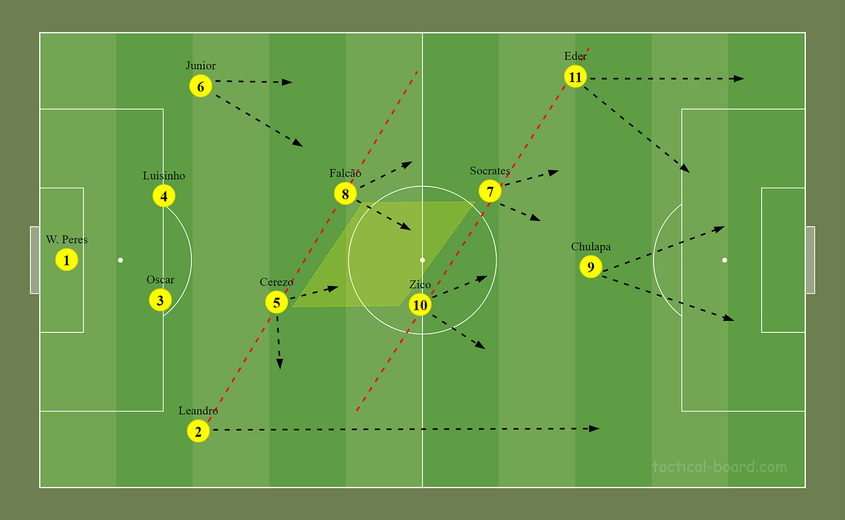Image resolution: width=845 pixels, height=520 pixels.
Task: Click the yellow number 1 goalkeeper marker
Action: (67, 260)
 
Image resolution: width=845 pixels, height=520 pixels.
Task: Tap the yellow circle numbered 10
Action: (420, 305)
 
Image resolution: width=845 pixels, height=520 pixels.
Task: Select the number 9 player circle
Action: (591, 267)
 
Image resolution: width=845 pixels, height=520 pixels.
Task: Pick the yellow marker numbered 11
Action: (575, 77)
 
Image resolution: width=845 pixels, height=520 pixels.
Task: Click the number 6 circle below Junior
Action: (200, 86)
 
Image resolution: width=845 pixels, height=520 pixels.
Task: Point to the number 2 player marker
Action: (198, 431)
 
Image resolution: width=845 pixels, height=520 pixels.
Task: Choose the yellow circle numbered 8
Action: (345, 194)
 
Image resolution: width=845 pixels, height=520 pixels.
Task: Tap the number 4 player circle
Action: (164, 195)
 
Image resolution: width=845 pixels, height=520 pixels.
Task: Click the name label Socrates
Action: (490, 171)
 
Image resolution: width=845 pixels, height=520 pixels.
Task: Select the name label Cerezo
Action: (276, 282)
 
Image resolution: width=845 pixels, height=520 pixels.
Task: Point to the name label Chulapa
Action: (591, 247)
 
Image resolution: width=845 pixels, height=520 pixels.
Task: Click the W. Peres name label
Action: (67, 239)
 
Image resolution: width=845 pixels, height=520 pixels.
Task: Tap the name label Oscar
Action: (161, 280)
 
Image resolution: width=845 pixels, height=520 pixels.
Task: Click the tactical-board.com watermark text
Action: (719, 467)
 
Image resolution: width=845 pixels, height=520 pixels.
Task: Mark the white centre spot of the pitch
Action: (422, 260)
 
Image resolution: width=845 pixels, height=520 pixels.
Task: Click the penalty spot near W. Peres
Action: (120, 260)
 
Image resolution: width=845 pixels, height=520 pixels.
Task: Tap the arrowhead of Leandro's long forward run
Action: (595, 428)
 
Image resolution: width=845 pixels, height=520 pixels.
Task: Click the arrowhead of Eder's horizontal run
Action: (739, 78)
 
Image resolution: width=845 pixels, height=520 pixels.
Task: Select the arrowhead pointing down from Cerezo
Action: (279, 364)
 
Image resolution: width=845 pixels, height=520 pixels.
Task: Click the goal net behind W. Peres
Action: (35, 260)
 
